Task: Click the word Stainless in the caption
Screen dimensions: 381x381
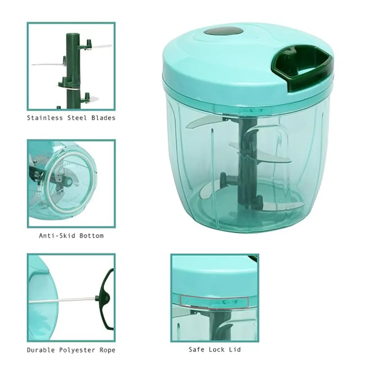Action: pos(45,118)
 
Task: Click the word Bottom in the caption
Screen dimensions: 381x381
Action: pos(91,236)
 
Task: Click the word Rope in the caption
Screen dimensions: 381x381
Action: pos(107,350)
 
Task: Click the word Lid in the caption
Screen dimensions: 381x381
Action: pos(235,350)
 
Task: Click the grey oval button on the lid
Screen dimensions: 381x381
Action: pos(223,32)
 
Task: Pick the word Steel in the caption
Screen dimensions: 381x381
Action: pos(77,118)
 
